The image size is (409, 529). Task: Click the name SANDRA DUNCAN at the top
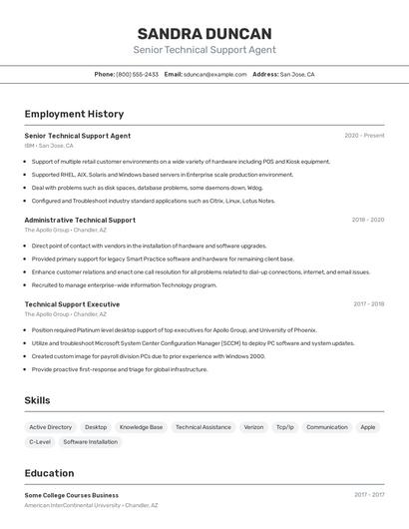tap(204, 34)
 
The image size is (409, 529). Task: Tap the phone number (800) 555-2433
tap(138, 74)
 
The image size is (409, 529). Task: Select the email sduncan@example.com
tap(214, 74)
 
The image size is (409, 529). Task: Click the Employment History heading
tap(74, 114)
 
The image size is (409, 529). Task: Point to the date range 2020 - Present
tap(364, 135)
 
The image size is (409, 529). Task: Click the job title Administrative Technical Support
tap(80, 220)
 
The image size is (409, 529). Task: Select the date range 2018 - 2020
tap(367, 220)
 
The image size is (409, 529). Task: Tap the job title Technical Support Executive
tap(72, 303)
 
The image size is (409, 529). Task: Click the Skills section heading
tap(38, 400)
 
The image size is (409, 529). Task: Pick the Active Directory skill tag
tap(51, 427)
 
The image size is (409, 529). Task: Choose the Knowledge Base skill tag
tap(141, 427)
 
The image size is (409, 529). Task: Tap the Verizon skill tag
tap(253, 427)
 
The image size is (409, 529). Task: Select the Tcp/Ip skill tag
tap(285, 427)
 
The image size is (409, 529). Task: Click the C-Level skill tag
tap(40, 441)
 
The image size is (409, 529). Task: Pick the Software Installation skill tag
tap(90, 441)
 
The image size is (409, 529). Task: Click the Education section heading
tap(49, 473)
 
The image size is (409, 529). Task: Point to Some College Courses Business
tap(71, 495)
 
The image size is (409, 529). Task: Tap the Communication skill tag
tap(326, 427)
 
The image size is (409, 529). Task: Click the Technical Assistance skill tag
tap(203, 427)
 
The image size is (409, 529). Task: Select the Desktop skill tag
tap(96, 427)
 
